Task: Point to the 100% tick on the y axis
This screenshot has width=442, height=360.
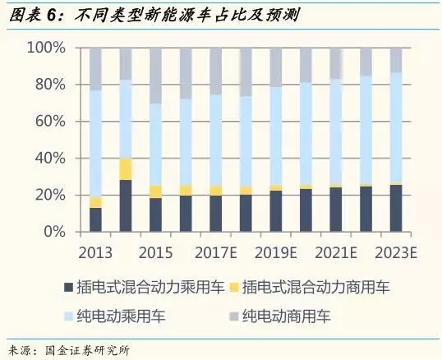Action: (x=47, y=48)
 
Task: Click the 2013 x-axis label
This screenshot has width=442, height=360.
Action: (x=96, y=251)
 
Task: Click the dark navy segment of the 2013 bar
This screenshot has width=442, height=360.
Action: (x=96, y=219)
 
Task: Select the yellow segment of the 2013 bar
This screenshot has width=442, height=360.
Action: (x=96, y=202)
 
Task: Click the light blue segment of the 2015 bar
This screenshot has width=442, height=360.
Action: (x=156, y=144)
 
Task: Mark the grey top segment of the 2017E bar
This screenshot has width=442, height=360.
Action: (x=216, y=71)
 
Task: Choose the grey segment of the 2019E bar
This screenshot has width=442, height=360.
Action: (x=276, y=67)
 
